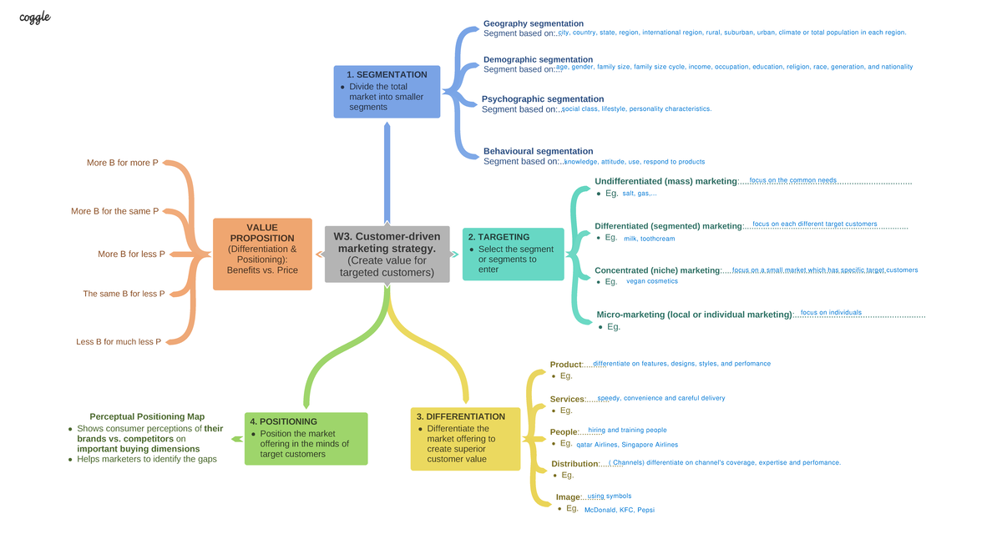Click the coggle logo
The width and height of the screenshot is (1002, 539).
[x=35, y=16]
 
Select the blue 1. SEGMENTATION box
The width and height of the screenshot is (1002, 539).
[x=387, y=92]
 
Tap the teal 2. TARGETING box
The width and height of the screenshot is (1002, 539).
[x=513, y=254]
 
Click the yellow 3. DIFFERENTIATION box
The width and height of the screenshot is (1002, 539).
[x=465, y=438]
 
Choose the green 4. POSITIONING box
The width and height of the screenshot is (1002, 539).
[x=306, y=439]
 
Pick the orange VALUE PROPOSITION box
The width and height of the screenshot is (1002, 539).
[x=263, y=254]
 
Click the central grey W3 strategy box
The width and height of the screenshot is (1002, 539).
[x=387, y=254]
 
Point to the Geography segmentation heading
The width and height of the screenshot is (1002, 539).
[x=534, y=23]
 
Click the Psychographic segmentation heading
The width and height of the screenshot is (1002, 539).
[x=543, y=99]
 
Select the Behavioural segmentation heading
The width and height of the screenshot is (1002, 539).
[x=539, y=151]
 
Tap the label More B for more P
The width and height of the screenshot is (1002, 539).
[x=123, y=163]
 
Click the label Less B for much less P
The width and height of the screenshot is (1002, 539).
[x=119, y=342]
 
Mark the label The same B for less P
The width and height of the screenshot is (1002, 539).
[x=124, y=294]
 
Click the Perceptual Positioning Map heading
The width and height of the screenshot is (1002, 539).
[x=147, y=416]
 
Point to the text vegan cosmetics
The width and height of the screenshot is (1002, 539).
[x=652, y=281]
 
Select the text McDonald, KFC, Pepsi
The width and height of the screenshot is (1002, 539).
[x=620, y=510]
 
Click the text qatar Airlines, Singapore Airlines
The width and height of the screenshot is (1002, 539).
[x=628, y=445]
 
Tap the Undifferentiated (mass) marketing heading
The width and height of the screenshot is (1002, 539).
[x=666, y=181]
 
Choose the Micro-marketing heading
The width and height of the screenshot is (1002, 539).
[x=694, y=315]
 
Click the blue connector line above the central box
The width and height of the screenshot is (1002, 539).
[x=387, y=175]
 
